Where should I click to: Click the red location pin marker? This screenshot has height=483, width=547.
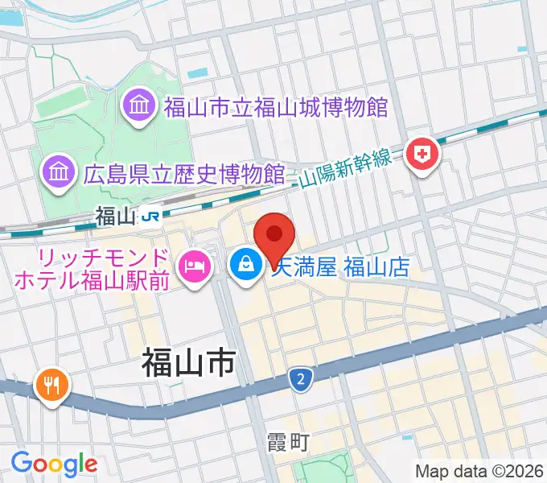click(273, 237)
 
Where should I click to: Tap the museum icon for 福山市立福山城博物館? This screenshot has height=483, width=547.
click(138, 106)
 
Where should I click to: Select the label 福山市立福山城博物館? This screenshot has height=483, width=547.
click(276, 106)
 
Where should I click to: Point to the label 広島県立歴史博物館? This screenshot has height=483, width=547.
click(184, 172)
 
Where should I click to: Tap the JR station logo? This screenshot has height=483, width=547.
click(150, 216)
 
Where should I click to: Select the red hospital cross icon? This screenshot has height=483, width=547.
click(423, 153)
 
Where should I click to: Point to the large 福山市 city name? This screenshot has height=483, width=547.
click(188, 363)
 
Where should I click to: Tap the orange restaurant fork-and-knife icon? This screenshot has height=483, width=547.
click(52, 385)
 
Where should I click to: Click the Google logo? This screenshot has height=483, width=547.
click(54, 464)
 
